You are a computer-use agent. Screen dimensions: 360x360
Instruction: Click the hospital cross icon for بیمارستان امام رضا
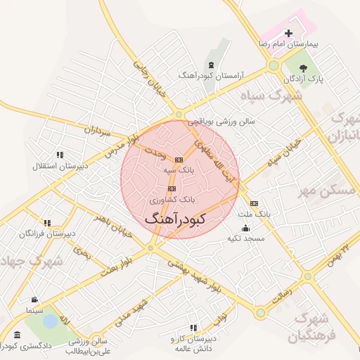(288, 33)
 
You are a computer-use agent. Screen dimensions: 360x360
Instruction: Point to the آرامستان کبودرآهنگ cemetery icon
(211, 65)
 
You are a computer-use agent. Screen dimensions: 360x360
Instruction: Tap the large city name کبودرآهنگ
(175, 219)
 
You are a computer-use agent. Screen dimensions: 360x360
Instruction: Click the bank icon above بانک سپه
(179, 160)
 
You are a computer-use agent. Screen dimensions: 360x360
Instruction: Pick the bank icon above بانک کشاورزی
(171, 188)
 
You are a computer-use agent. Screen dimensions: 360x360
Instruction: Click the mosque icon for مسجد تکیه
(245, 228)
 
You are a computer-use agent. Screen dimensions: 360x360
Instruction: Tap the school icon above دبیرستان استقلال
(60, 155)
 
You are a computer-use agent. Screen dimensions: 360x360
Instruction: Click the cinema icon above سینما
(34, 300)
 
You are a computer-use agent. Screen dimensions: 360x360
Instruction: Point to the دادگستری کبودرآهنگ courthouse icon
(17, 335)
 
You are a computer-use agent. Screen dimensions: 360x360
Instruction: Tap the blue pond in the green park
(50, 321)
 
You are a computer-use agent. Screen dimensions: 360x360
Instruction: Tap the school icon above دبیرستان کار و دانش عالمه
(193, 328)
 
